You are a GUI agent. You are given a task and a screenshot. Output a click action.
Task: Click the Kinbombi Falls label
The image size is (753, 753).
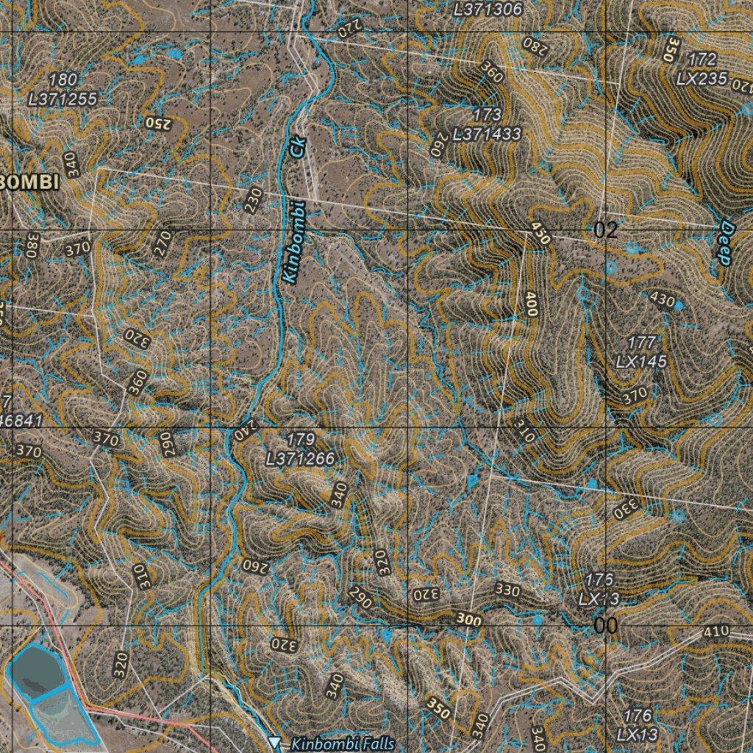click(343, 744)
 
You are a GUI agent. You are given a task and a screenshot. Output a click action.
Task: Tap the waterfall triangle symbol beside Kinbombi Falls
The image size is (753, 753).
click(275, 744)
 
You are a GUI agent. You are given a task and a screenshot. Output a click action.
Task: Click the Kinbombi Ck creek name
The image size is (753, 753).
click(293, 210)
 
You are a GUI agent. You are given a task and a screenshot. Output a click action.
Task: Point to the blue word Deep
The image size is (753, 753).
click(725, 243)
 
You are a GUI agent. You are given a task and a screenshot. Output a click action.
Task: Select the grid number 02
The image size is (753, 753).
click(606, 230)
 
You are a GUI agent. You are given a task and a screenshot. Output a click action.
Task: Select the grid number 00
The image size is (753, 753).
click(606, 626)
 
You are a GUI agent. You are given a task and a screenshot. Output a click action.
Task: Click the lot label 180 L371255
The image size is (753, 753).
click(63, 90)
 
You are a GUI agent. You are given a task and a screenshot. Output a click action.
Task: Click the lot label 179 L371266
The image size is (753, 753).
click(300, 449)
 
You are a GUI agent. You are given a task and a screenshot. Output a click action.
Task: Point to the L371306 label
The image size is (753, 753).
click(488, 10)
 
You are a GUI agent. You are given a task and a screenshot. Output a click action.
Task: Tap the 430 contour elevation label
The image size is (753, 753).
click(663, 299)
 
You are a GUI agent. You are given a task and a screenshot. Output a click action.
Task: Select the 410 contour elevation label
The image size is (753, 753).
click(716, 631)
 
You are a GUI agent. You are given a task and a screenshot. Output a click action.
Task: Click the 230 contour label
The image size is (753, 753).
click(254, 200)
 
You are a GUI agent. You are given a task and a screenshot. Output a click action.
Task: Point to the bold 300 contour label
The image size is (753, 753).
click(468, 620)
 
